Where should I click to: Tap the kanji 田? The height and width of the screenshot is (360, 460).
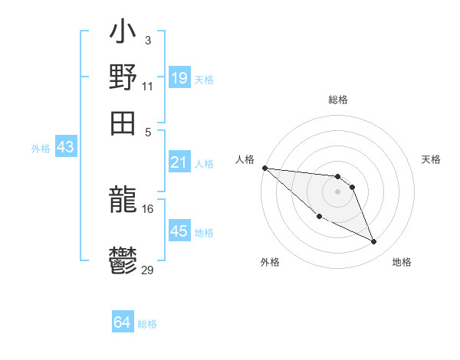tap(123, 123)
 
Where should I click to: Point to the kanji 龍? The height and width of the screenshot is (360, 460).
tap(123, 201)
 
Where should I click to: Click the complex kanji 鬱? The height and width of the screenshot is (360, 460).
tap(123, 262)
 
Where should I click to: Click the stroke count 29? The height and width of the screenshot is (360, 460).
tap(148, 270)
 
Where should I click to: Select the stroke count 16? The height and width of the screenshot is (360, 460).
tap(148, 208)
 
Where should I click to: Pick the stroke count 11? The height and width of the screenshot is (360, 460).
tap(148, 87)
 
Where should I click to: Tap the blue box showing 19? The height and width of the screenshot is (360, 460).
tap(179, 77)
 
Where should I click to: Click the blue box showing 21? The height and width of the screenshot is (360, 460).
tap(179, 162)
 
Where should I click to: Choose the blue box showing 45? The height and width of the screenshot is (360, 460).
tap(179, 231)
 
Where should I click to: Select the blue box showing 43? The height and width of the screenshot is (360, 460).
tap(66, 147)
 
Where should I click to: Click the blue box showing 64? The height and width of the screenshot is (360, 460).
tap(123, 322)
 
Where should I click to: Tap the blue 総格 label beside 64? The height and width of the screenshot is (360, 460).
tap(147, 324)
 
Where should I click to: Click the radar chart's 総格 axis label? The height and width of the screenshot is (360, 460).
tap(338, 100)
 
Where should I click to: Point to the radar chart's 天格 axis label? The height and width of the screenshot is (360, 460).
tap(432, 159)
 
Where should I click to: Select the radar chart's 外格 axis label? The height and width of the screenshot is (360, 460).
tap(270, 262)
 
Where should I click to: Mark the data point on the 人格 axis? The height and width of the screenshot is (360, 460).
tap(264, 168)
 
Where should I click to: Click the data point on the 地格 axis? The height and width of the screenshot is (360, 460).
tap(374, 242)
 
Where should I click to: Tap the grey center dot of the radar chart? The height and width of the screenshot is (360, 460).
tap(337, 191)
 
